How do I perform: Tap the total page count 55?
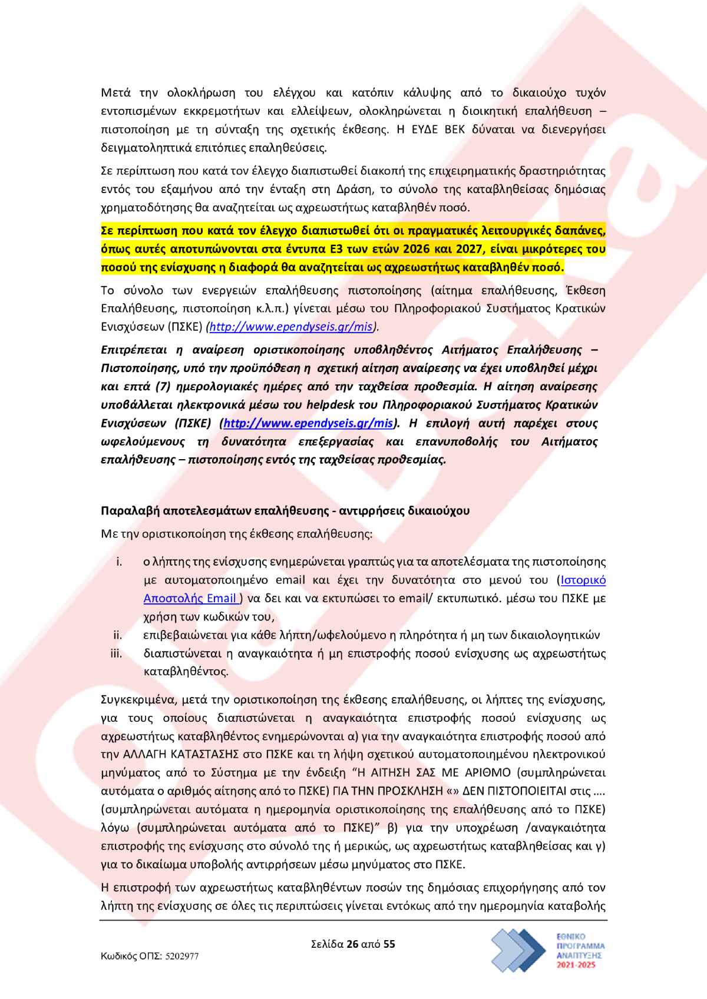click(x=389, y=944)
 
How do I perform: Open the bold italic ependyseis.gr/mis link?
click(x=309, y=423)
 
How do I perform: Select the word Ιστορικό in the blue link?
click(x=583, y=580)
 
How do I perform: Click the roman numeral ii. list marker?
click(x=117, y=635)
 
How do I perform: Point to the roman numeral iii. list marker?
click(x=116, y=653)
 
